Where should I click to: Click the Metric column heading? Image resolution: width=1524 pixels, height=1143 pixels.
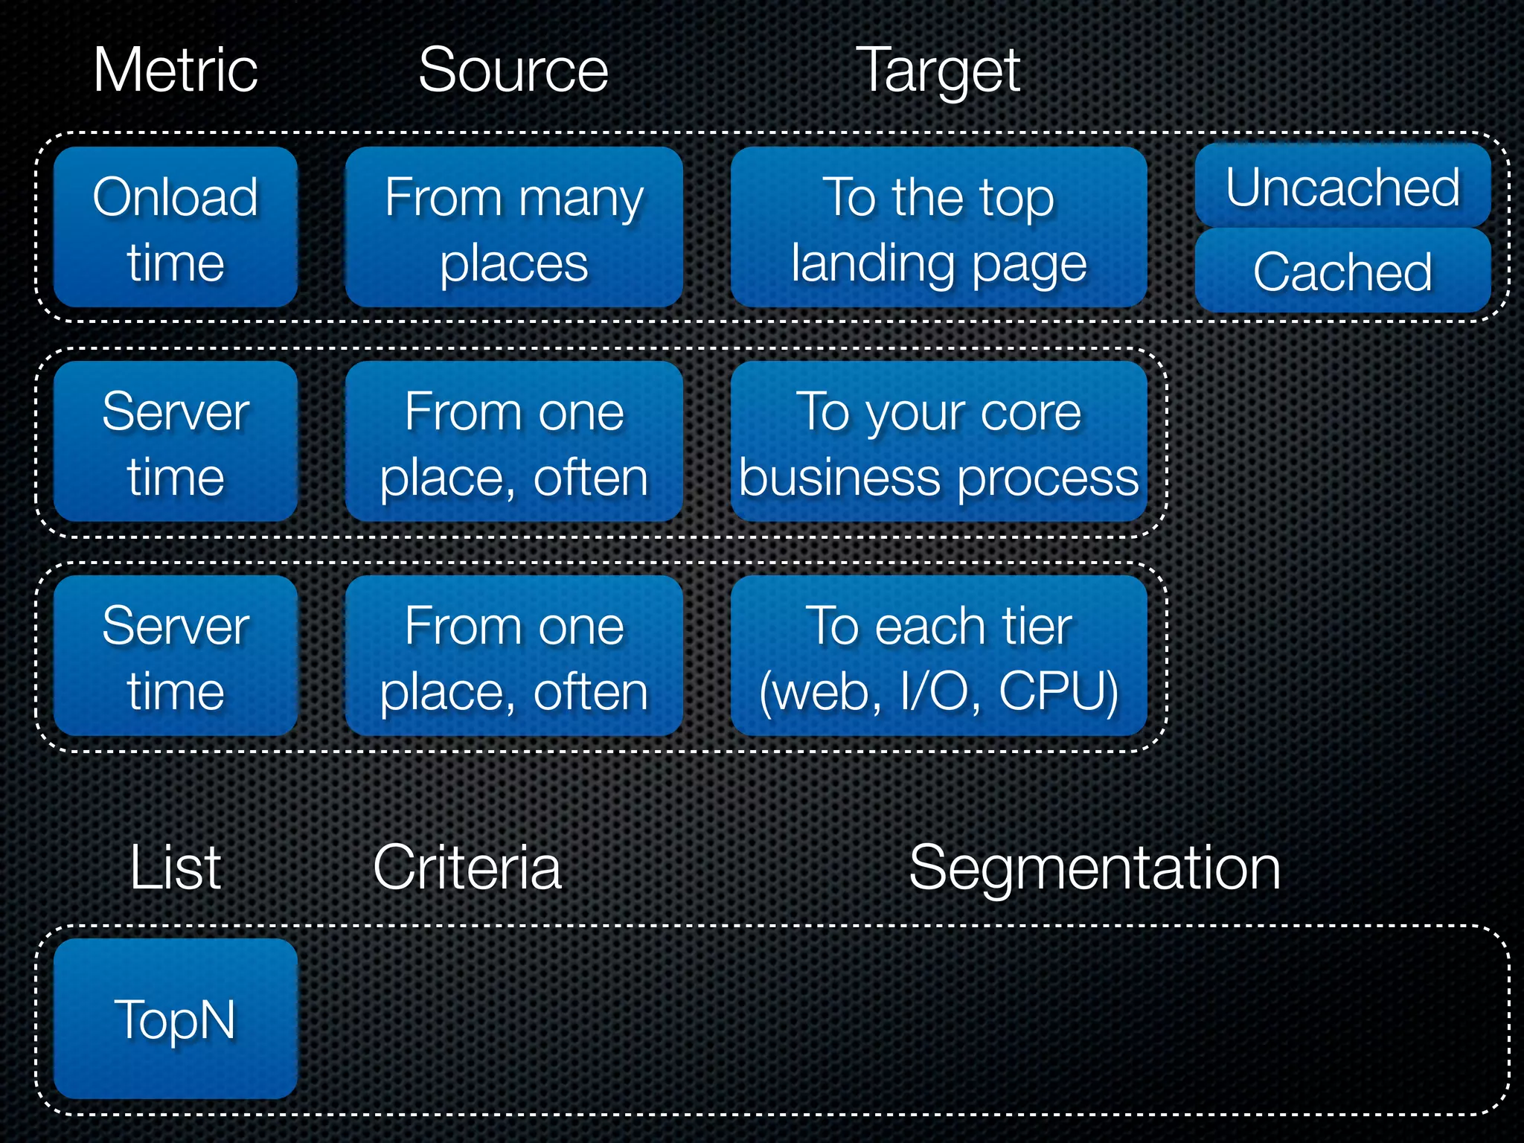coord(176,70)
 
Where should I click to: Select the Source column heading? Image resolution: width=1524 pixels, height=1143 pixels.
coord(513,70)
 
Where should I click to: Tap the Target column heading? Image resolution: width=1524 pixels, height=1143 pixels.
coord(938,71)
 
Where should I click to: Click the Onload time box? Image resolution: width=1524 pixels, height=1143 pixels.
coord(176,227)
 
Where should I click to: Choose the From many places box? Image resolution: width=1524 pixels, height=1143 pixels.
coord(513,227)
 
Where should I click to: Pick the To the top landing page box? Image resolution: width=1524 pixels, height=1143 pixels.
coord(938,227)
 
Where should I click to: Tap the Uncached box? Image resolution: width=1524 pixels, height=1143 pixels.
coord(1342,186)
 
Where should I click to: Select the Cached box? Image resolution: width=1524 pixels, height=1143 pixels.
coord(1342,271)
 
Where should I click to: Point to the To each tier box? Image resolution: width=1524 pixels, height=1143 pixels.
coord(938,656)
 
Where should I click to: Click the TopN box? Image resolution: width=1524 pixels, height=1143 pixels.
coord(176,1018)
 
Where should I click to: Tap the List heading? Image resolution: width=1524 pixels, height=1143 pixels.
coord(176,868)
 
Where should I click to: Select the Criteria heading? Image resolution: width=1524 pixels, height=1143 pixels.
coord(467,868)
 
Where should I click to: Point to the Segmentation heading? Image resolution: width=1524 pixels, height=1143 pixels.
coord(1095,868)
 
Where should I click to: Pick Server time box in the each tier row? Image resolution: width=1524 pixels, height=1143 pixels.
coord(176,656)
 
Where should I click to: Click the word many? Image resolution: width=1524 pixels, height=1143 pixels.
coord(581,199)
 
